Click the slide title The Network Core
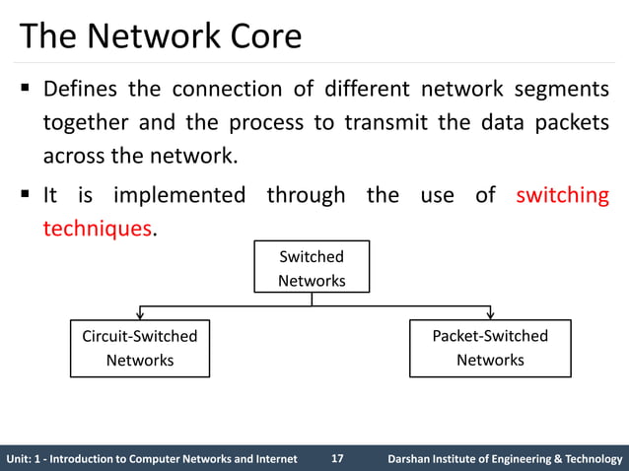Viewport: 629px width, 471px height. pyautogui.click(x=161, y=36)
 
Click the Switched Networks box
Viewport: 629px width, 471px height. pyautogui.click(x=312, y=268)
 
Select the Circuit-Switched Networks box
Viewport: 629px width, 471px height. pyautogui.click(x=139, y=348)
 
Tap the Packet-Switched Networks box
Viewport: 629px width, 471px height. pyautogui.click(x=490, y=348)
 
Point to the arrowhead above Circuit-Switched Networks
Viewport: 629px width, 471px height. pyautogui.click(x=139, y=314)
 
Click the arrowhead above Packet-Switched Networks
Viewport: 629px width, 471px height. pyautogui.click(x=490, y=314)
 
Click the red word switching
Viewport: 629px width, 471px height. pyautogui.click(x=562, y=195)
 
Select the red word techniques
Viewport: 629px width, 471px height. pyautogui.click(x=97, y=229)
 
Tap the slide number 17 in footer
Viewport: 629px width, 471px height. pyautogui.click(x=337, y=458)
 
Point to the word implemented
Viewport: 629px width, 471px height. pyautogui.click(x=178, y=195)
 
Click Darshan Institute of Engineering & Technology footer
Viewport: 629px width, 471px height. pyautogui.click(x=505, y=458)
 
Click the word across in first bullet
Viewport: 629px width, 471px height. pyautogui.click(x=71, y=157)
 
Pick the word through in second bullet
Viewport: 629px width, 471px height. pyautogui.click(x=306, y=195)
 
